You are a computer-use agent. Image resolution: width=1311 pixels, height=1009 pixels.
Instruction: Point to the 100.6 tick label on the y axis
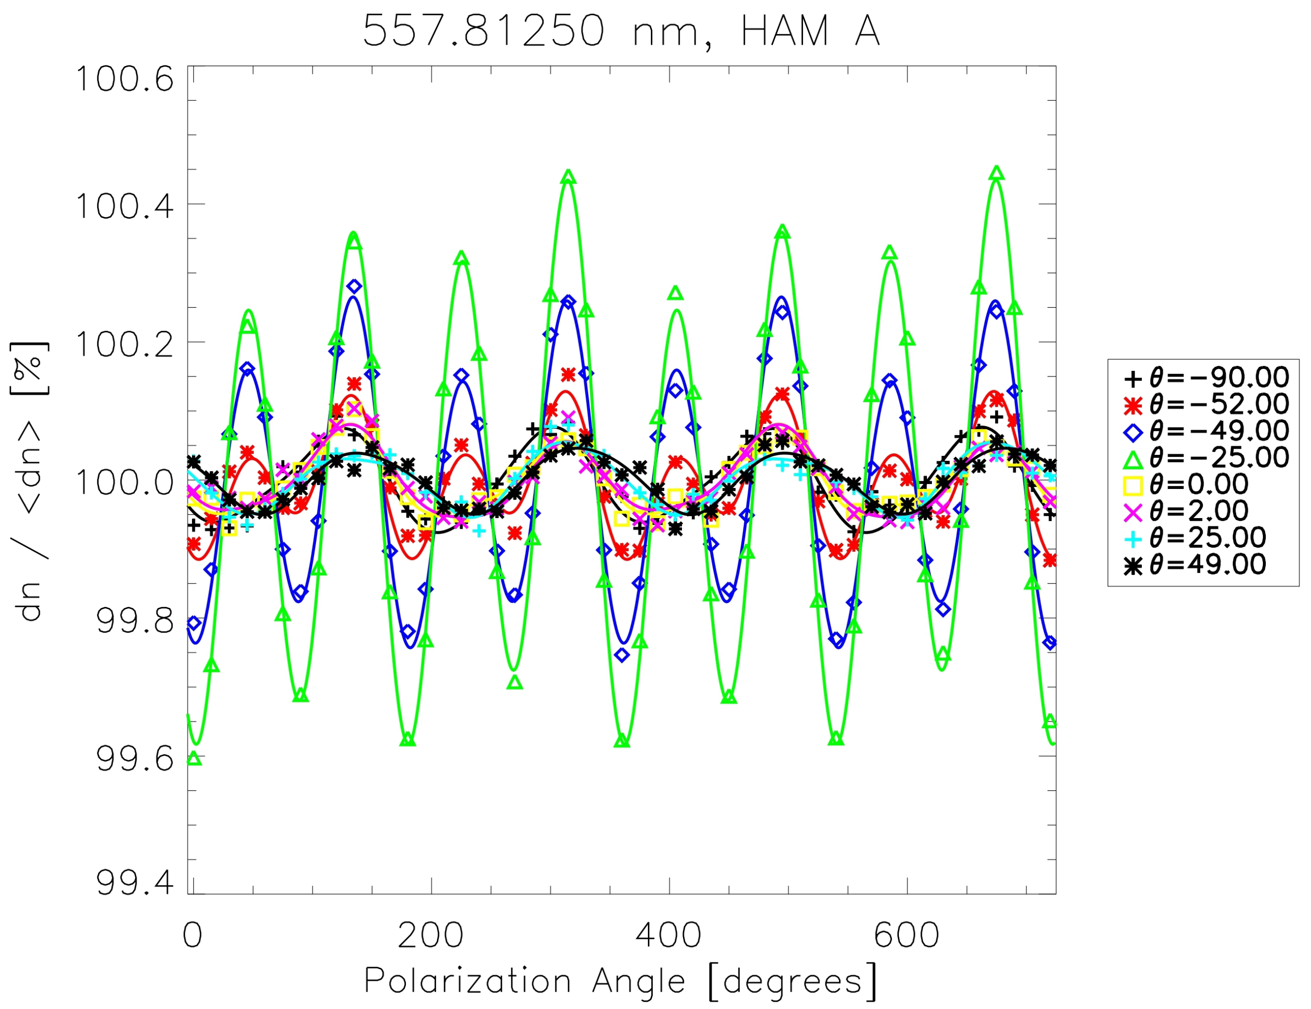[x=124, y=79]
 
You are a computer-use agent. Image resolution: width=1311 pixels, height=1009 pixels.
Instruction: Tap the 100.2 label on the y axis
[x=124, y=344]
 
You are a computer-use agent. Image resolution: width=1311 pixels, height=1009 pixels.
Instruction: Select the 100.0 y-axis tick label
[x=124, y=482]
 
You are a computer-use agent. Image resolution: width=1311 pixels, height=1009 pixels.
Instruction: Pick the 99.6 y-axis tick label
[x=135, y=759]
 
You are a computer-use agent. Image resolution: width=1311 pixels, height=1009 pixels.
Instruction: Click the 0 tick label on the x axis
[x=192, y=935]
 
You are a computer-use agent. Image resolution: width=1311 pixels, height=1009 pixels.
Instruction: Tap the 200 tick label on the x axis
[x=430, y=935]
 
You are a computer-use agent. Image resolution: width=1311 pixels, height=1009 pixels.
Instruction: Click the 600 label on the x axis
[x=907, y=935]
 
